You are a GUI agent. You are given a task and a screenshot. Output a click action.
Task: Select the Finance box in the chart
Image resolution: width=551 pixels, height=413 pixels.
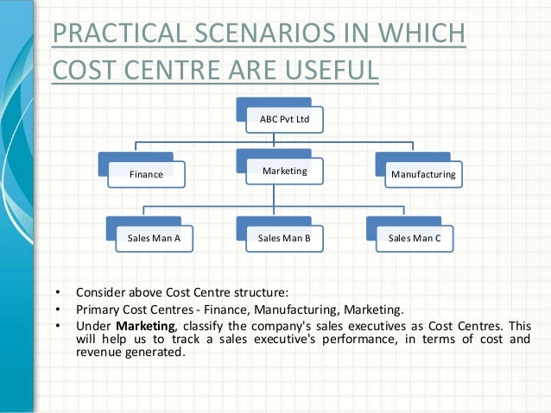pyautogui.click(x=146, y=174)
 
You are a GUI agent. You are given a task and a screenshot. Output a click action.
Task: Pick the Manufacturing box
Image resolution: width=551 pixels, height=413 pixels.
pyautogui.click(x=423, y=174)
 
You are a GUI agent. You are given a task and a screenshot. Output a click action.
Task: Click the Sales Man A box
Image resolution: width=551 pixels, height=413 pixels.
pyautogui.click(x=155, y=237)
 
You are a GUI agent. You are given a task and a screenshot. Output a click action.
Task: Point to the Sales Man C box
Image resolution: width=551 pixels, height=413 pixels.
pyautogui.click(x=414, y=237)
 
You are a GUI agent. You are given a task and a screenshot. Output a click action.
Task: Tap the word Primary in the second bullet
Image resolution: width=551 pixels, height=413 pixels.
pyautogui.click(x=97, y=308)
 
